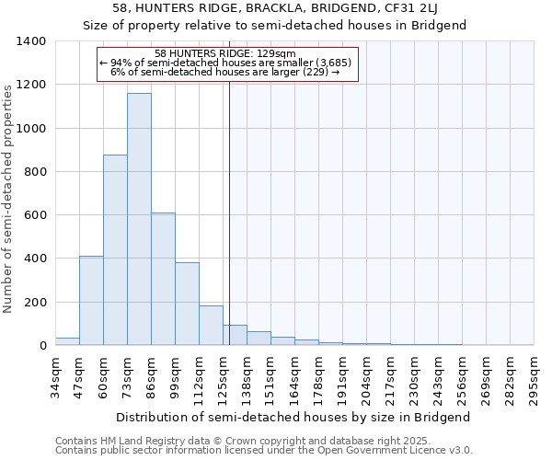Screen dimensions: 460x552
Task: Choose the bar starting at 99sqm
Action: [x=187, y=304]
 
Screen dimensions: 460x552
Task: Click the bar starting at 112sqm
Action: [x=211, y=326]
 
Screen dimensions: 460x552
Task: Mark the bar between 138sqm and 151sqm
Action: [x=259, y=339]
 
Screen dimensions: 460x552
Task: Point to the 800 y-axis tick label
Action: [x=34, y=172]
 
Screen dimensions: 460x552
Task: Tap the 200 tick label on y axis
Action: [x=34, y=303]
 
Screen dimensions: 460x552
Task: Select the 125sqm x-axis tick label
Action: [x=223, y=374]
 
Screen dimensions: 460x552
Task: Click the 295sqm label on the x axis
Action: [x=534, y=374]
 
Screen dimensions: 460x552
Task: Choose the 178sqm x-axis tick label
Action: [x=318, y=374]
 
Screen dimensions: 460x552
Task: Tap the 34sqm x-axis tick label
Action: [x=55, y=372]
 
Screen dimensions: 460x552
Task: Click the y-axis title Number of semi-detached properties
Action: [x=8, y=198]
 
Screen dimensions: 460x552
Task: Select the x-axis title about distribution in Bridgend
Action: [x=294, y=417]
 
